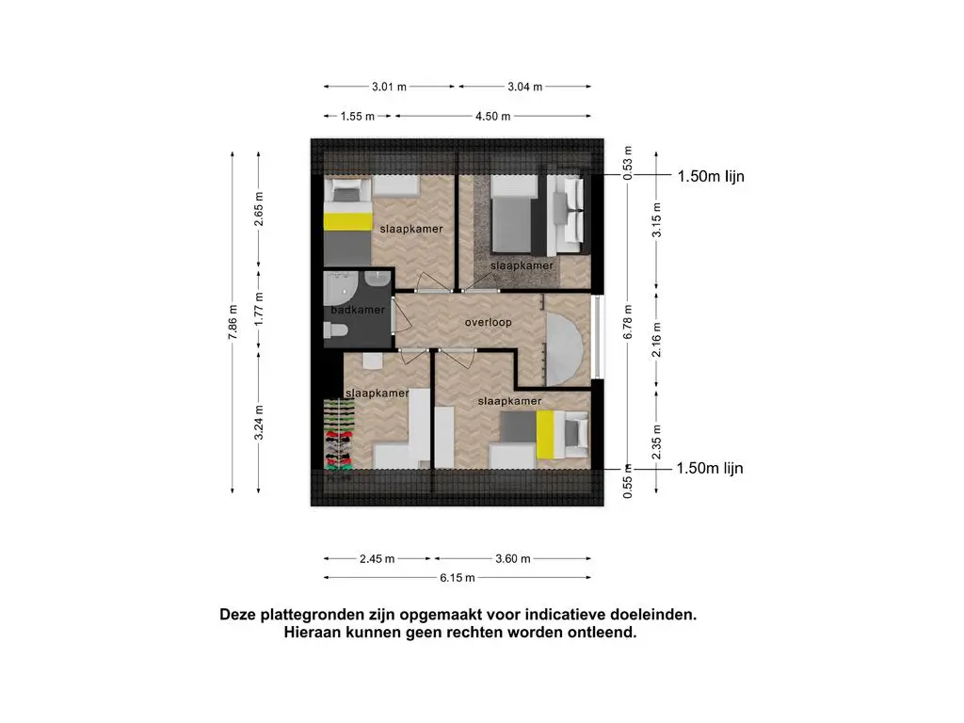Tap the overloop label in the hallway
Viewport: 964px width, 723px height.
488,322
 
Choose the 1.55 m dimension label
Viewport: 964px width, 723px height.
356,116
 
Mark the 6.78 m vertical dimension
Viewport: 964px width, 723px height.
628,320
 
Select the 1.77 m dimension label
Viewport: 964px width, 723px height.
261,310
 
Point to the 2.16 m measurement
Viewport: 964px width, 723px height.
657,334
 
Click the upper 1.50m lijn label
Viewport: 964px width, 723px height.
711,176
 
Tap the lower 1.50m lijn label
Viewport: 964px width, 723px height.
711,468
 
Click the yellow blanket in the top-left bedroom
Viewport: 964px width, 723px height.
346,221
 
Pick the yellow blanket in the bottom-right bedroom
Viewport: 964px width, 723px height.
544,435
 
